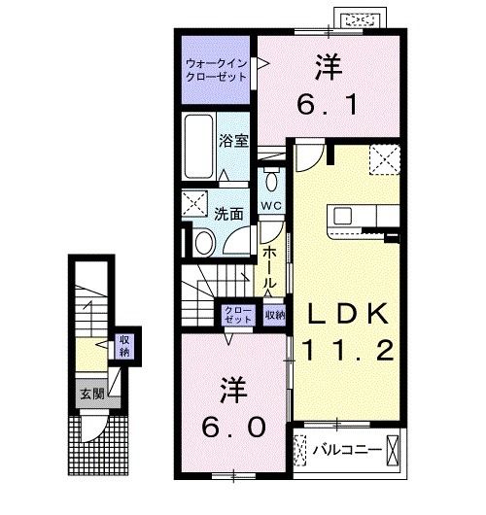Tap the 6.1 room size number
coord(326,98)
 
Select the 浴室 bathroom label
coord(235,140)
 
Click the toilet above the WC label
coord(272,181)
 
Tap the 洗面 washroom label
coord(229,214)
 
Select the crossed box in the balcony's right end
coord(394,450)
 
